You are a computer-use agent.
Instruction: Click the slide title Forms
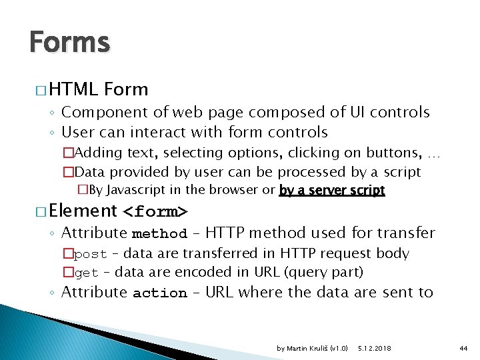[x=69, y=43]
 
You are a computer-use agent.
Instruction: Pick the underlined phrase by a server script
[x=332, y=191]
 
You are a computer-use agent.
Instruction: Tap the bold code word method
[x=159, y=234]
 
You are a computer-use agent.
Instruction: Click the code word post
[x=90, y=254]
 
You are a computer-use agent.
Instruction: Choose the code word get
[x=86, y=273]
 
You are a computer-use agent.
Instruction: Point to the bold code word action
[x=159, y=293]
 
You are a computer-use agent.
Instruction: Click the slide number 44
[x=463, y=348]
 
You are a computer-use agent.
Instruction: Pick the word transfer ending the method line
[x=407, y=233]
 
